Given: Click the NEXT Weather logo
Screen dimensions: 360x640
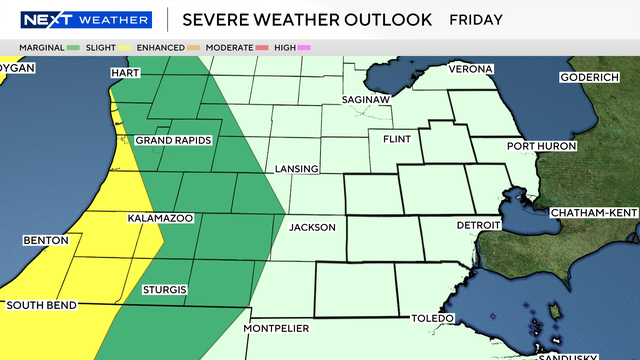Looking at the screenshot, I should pos(86,19).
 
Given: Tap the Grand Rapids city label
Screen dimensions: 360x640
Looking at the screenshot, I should pos(174,140).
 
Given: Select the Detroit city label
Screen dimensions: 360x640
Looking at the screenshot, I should pos(478,226).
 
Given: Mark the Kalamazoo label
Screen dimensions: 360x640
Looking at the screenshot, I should pos(160,217).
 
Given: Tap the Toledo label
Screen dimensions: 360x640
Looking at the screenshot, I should pos(433,318).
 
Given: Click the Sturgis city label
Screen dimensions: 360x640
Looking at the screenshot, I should pos(164,290).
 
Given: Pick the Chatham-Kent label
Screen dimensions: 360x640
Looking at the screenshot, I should pos(592,212).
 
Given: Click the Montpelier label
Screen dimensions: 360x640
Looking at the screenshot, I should pos(277,328).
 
